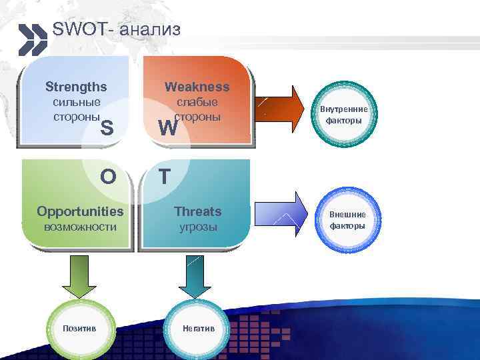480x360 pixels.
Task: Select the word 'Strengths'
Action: [75, 87]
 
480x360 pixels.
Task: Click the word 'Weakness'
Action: [197, 87]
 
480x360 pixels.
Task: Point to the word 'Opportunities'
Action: [80, 211]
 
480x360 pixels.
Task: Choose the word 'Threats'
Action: [197, 211]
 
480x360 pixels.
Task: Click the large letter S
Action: [106, 127]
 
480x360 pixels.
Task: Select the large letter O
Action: [107, 177]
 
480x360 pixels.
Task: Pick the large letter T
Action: [165, 177]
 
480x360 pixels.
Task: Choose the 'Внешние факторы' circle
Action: [347, 220]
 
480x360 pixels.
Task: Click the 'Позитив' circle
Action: [79, 329]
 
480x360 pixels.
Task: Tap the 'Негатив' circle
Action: [197, 329]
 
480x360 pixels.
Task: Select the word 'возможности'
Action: [80, 227]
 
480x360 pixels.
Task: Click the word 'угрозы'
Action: [197, 227]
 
